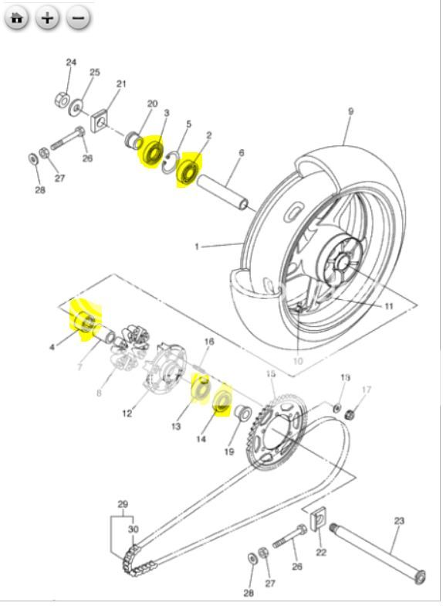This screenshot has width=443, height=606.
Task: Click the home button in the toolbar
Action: tap(17, 19)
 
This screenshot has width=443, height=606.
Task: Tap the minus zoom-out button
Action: tap(78, 19)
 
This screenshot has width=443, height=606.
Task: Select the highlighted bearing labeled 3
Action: tap(151, 151)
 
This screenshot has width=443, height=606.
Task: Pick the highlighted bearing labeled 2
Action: tap(188, 170)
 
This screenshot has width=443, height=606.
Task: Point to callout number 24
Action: tap(71, 63)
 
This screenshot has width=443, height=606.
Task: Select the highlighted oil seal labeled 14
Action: tap(222, 400)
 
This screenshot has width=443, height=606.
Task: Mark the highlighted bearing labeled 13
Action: tap(201, 386)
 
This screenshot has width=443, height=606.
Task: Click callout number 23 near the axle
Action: tap(399, 521)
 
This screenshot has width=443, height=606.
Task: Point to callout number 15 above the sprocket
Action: tap(270, 374)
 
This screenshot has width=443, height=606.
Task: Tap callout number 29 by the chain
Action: tap(122, 504)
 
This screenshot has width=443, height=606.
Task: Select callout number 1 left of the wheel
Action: tap(197, 247)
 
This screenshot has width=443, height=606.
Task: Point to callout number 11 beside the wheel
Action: tap(389, 306)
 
